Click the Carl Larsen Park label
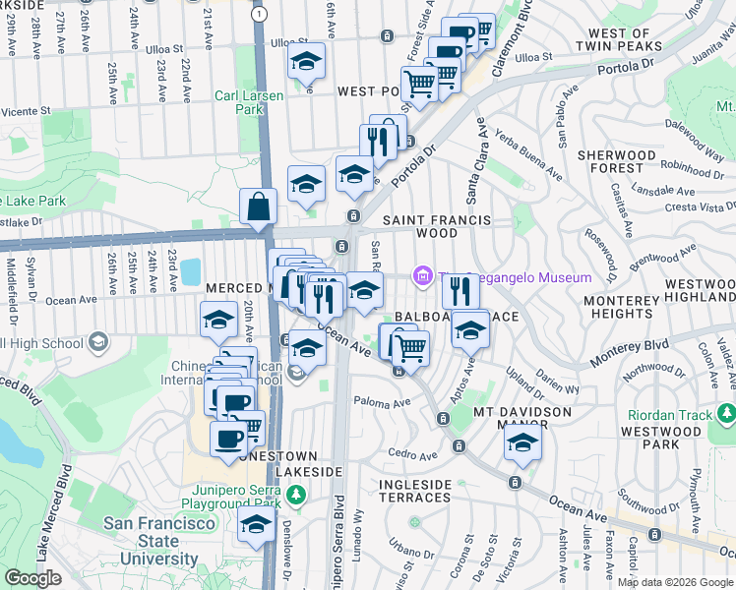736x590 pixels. click(x=250, y=102)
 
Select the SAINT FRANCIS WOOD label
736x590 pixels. click(x=434, y=226)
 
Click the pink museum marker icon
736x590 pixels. click(x=423, y=278)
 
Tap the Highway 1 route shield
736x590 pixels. click(x=258, y=14)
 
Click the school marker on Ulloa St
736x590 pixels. click(x=307, y=61)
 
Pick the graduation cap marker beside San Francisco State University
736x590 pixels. click(x=257, y=522)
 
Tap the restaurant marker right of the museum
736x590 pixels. click(x=459, y=290)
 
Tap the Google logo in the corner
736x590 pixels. click(x=33, y=578)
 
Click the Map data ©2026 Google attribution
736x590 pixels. click(x=675, y=582)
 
